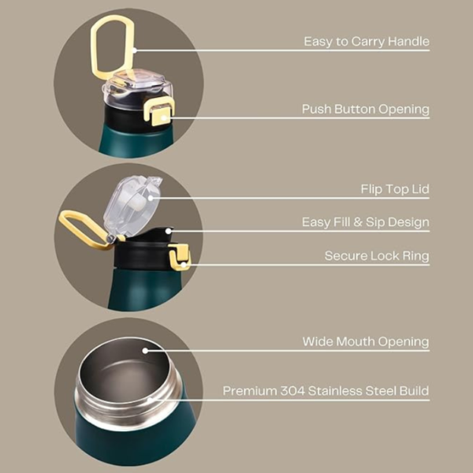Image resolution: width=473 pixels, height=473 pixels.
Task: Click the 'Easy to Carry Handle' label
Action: [x=367, y=41]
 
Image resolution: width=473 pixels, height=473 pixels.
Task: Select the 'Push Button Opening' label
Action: [x=365, y=109]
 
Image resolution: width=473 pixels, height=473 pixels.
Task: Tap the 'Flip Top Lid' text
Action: [x=394, y=189]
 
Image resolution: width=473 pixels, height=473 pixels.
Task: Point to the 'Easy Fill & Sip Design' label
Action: [x=365, y=222]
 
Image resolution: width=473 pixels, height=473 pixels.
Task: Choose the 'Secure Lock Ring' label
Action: [x=377, y=256]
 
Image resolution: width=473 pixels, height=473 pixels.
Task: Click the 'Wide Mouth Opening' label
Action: [x=366, y=341]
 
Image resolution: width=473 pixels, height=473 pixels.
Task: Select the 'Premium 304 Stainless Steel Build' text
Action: [x=326, y=390]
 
